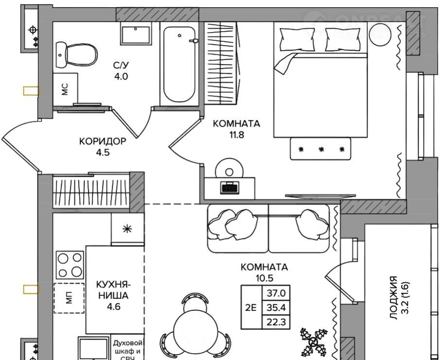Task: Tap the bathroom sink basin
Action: (x=136, y=34)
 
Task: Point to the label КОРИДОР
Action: (x=103, y=142)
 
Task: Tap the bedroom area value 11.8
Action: (x=237, y=135)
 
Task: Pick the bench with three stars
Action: (x=320, y=149)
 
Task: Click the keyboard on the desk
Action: (x=230, y=187)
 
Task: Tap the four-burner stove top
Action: (x=70, y=265)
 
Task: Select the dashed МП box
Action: (x=69, y=298)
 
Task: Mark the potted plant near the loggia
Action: (x=314, y=342)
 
